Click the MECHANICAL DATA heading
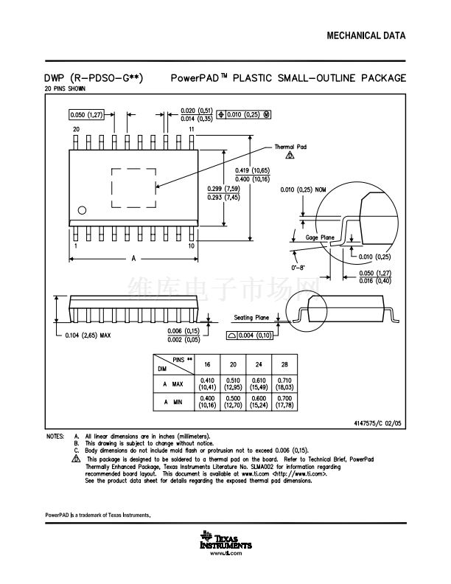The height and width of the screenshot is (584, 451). [x=366, y=35]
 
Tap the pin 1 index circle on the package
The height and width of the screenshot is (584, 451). [x=82, y=211]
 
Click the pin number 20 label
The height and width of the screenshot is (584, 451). [x=75, y=129]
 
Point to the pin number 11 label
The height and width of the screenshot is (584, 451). [x=191, y=129]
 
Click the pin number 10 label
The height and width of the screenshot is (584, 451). [x=191, y=246]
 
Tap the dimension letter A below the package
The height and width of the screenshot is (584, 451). [x=133, y=259]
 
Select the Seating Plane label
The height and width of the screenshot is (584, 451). [x=252, y=318]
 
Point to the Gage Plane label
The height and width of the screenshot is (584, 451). [x=320, y=237]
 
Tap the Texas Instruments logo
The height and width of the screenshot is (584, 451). [x=225, y=542]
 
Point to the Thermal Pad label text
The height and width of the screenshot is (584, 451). [x=290, y=147]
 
